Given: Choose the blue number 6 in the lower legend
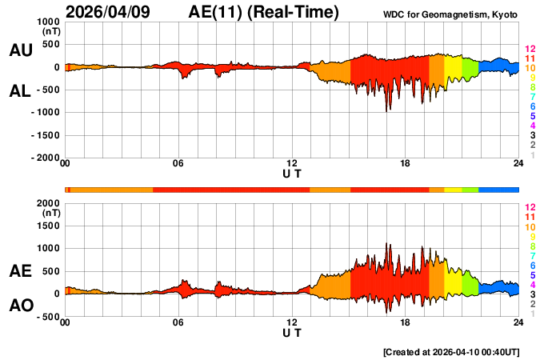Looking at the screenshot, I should (x=532, y=265).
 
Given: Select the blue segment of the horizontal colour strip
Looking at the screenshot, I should (x=498, y=190).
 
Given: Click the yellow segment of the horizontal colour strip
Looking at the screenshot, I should (x=453, y=190).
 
